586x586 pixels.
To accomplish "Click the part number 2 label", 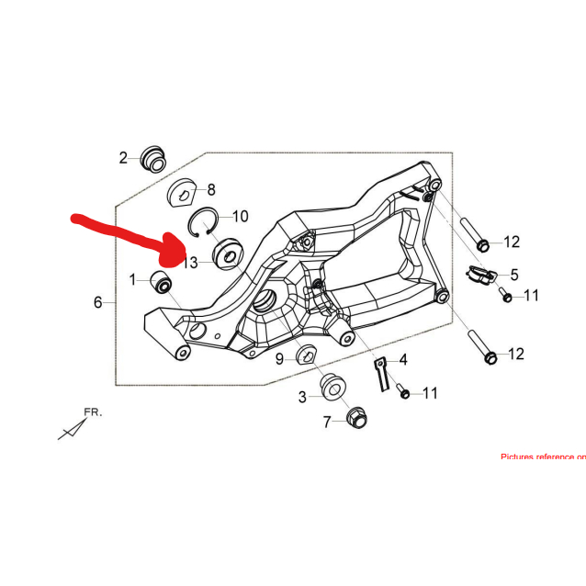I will (123, 158).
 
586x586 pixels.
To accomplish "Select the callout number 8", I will (210, 190).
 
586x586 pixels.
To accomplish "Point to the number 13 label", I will (190, 263).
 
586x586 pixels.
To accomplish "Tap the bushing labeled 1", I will (162, 282).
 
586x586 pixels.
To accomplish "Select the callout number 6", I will (98, 301).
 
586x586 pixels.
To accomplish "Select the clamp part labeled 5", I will (479, 275).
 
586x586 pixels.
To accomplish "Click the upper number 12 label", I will (511, 242).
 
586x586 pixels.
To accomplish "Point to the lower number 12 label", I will (515, 354).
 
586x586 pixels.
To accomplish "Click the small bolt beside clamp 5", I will (505, 295).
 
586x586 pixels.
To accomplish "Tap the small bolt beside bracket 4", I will (404, 393).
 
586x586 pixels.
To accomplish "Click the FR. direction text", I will (93, 412).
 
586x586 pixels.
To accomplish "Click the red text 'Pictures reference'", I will (542, 456).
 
